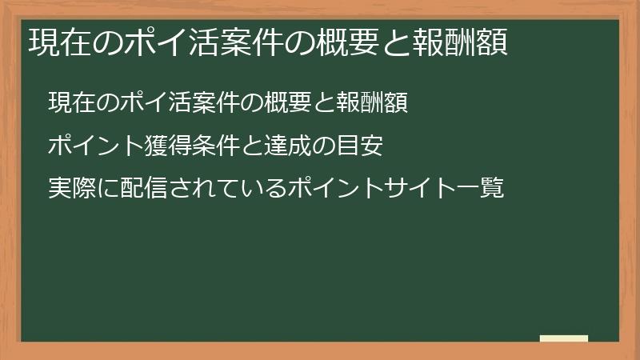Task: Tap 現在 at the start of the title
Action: click(x=56, y=42)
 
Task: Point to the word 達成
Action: click(x=288, y=146)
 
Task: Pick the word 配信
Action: click(x=134, y=190)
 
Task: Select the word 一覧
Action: click(x=483, y=190)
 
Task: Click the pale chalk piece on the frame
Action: click(x=564, y=338)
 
